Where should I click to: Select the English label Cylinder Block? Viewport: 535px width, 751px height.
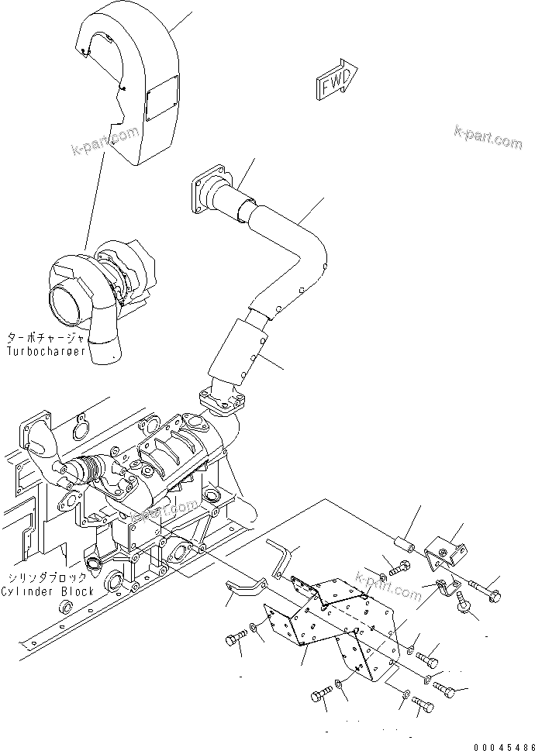(47, 591)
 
